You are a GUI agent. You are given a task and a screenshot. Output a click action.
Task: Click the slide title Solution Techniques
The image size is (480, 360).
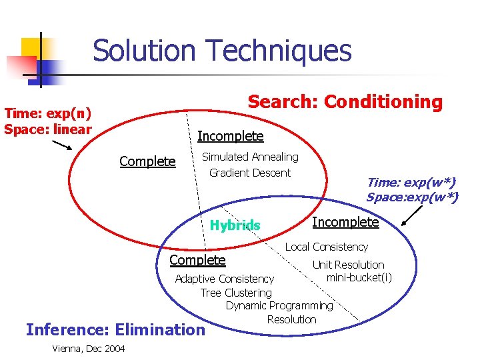pos(222,51)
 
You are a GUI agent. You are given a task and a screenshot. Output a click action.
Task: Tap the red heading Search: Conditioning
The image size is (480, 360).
pos(345,102)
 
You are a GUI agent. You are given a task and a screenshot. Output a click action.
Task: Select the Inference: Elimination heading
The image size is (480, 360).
pos(115,329)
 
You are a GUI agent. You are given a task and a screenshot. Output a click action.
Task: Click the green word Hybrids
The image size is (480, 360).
pos(235,225)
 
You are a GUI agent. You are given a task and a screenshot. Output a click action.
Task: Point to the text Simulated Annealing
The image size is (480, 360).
pos(250,157)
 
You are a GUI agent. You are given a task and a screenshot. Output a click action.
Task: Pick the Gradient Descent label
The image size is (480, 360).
pos(250,173)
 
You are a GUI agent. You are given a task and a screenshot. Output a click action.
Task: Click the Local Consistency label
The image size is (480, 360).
pos(327,247)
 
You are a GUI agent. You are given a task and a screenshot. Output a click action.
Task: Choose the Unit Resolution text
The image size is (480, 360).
pos(348,265)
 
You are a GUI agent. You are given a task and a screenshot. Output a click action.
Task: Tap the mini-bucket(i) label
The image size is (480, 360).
pos(359,277)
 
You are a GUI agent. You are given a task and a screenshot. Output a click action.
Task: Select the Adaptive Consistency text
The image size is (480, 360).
pos(224,279)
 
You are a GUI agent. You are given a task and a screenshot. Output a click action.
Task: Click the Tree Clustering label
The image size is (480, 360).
pos(236,293)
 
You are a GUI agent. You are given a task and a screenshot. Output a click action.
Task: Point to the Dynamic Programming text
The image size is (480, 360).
pos(279,306)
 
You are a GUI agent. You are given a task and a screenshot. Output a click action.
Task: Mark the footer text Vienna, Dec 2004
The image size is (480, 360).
pos(87,349)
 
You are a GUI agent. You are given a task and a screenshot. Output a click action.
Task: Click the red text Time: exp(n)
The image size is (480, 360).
pos(47,115)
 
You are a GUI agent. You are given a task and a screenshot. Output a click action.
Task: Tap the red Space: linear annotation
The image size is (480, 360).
pos(47,129)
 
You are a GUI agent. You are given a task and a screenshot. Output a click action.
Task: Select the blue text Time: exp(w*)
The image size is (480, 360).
pos(411,182)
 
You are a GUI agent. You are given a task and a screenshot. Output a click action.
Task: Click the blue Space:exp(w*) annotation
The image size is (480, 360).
pos(411,197)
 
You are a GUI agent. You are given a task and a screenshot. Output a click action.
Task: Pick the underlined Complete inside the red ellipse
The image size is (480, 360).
pos(147,161)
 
